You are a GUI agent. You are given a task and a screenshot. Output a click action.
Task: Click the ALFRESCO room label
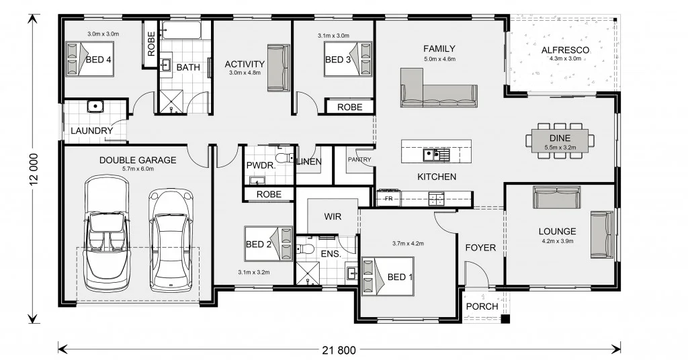coord(565,50)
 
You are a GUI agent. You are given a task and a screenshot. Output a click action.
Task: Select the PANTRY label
coord(359,160)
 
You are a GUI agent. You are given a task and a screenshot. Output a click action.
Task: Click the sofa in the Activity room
coord(276,67)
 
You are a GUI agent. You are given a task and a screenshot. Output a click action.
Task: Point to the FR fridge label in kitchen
coord(388,199)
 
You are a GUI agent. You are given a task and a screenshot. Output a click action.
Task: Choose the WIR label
coord(333,217)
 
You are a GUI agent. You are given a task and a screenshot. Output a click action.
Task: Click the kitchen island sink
coord(431,155)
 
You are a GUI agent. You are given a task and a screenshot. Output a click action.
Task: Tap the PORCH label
coord(482,306)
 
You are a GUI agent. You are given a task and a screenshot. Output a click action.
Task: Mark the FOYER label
coord(480,248)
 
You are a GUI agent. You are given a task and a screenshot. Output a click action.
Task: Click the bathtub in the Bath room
coord(181,30)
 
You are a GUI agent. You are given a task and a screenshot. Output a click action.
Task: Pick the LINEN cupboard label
coord(309,161)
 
